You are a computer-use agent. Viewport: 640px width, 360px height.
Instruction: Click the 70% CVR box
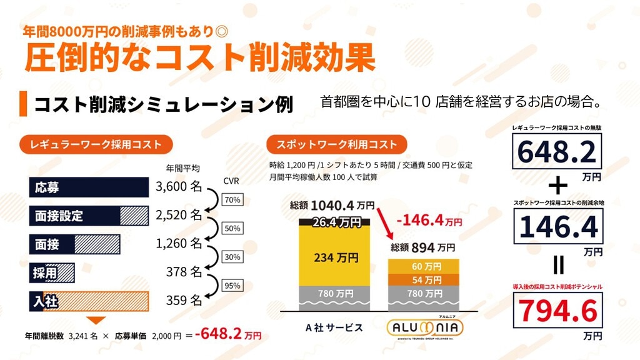[232, 200]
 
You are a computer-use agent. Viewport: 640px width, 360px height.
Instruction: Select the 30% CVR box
[232, 257]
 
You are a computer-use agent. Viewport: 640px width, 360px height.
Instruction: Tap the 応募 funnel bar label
[47, 187]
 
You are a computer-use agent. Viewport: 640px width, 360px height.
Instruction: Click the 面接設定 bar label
[59, 216]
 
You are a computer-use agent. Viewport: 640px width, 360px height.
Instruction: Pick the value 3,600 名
[178, 186]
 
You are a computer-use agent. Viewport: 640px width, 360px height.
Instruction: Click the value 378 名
[183, 272]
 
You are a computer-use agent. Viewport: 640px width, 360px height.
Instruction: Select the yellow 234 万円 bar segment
[336, 256]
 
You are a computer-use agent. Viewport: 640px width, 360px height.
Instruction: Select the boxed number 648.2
[557, 151]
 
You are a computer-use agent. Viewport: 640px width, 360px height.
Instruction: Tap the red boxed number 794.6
[557, 311]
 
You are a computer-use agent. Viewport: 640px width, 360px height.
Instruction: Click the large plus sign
[557, 186]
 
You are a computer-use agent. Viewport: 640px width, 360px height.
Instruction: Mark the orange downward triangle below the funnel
[95, 320]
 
